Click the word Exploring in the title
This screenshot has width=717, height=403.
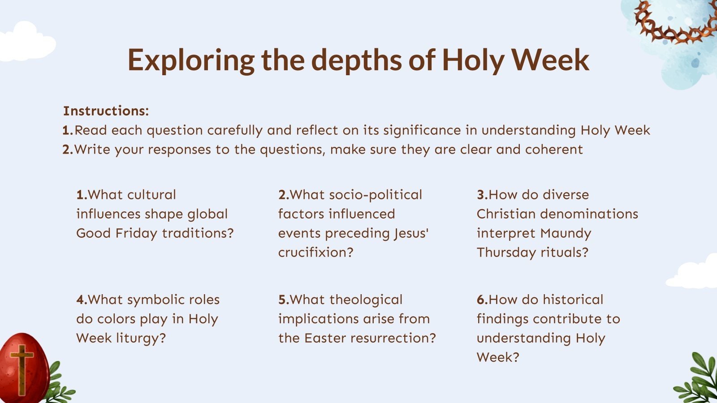191,60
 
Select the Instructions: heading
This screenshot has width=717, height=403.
106,111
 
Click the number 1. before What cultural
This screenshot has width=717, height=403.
82,195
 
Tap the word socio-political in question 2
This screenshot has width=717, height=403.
376,195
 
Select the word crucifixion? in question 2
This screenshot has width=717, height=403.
315,253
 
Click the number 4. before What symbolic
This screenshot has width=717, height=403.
82,300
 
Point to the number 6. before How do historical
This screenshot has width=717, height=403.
482,300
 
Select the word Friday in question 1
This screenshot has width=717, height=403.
136,233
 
